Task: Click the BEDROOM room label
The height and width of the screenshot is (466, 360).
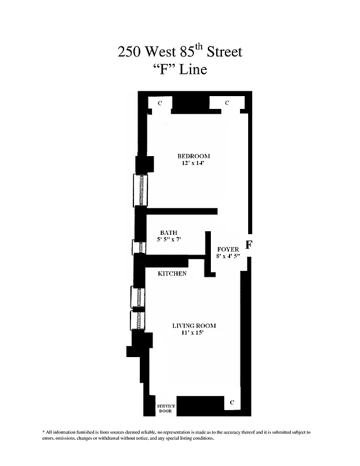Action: (x=193, y=156)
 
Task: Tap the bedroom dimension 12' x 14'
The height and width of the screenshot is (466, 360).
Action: (x=193, y=164)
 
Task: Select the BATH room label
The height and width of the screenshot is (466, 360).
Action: (x=169, y=232)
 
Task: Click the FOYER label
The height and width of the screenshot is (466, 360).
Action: (x=228, y=249)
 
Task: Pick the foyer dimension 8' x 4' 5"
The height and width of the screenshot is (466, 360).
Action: (x=228, y=256)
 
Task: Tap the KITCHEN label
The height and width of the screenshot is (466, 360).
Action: (x=172, y=273)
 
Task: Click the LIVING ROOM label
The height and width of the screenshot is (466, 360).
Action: (x=194, y=326)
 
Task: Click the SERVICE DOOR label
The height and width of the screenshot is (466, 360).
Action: (x=165, y=408)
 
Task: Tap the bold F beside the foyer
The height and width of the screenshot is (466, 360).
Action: (x=249, y=245)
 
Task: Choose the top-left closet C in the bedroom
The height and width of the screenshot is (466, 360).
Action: (x=160, y=103)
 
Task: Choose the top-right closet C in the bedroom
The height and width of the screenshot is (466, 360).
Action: (x=227, y=103)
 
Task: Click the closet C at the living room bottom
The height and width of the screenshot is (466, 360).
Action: (x=232, y=403)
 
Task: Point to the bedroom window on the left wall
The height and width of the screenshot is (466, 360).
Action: (x=140, y=189)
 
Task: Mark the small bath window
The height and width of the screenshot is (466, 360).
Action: (x=139, y=248)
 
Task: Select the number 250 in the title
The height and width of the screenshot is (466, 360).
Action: (x=129, y=52)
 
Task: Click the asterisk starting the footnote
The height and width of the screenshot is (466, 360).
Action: (x=44, y=432)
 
